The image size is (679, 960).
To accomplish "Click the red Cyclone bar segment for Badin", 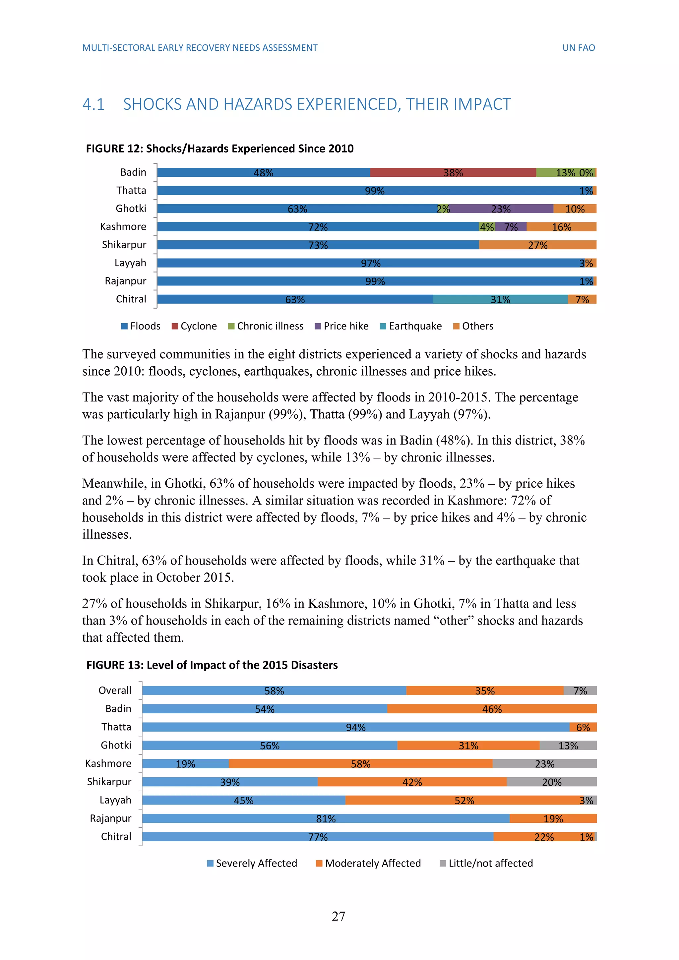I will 453,172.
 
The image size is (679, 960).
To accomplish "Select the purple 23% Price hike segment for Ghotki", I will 501,209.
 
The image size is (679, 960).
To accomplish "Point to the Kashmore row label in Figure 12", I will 123,227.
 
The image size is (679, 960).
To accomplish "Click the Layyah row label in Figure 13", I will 115,800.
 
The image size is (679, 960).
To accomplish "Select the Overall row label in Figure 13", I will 115,690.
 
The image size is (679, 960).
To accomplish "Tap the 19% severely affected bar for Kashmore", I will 185,763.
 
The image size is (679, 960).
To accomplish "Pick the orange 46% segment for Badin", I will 492,709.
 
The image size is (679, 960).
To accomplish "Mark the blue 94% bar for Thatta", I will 355,727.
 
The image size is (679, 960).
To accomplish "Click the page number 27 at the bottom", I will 339,916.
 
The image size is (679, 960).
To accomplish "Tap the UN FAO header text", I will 578,48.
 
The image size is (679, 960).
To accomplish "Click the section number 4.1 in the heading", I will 93,104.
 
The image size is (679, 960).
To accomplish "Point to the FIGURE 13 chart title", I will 212,665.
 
